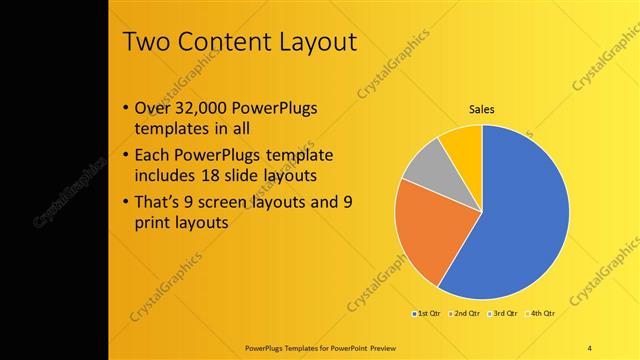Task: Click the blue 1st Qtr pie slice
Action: tap(520, 220)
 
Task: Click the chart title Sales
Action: tap(482, 109)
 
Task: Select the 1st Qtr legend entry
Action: tap(425, 314)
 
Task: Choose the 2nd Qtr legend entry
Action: tap(464, 314)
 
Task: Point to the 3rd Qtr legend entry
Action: tap(503, 314)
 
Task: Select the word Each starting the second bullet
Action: tap(152, 156)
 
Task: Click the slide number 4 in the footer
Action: tap(589, 347)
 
